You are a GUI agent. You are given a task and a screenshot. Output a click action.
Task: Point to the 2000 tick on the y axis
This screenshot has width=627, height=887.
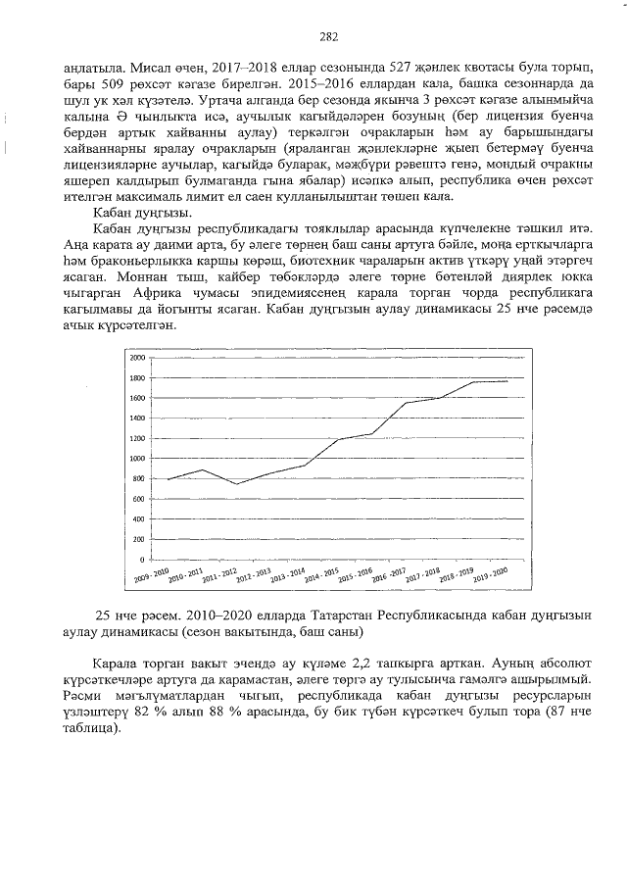pos(137,358)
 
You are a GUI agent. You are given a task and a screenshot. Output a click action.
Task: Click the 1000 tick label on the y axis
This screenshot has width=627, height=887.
pos(137,458)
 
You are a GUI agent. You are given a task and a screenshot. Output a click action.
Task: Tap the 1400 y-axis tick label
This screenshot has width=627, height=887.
pos(137,418)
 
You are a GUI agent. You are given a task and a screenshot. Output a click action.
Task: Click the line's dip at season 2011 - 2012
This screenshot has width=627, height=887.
pos(236,484)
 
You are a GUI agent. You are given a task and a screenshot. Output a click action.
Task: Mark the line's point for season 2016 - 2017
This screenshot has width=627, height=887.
pos(406,403)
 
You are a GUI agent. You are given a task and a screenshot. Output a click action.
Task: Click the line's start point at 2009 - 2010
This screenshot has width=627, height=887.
pos(169,479)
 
